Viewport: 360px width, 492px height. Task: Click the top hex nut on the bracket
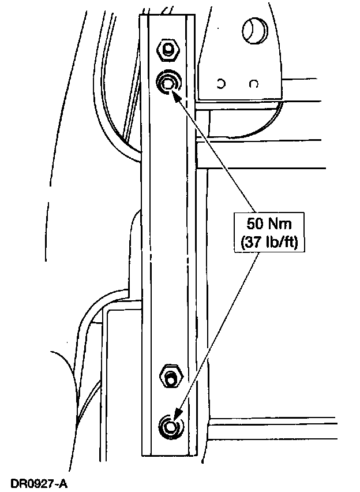(167, 50)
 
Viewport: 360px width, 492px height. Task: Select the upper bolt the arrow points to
(168, 83)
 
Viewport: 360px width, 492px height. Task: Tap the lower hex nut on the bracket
(170, 377)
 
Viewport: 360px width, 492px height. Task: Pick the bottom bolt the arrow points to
(169, 426)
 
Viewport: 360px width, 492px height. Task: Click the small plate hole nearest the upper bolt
(222, 84)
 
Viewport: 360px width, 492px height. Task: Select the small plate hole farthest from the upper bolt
(253, 84)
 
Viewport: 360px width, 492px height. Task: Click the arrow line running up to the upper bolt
(216, 152)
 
